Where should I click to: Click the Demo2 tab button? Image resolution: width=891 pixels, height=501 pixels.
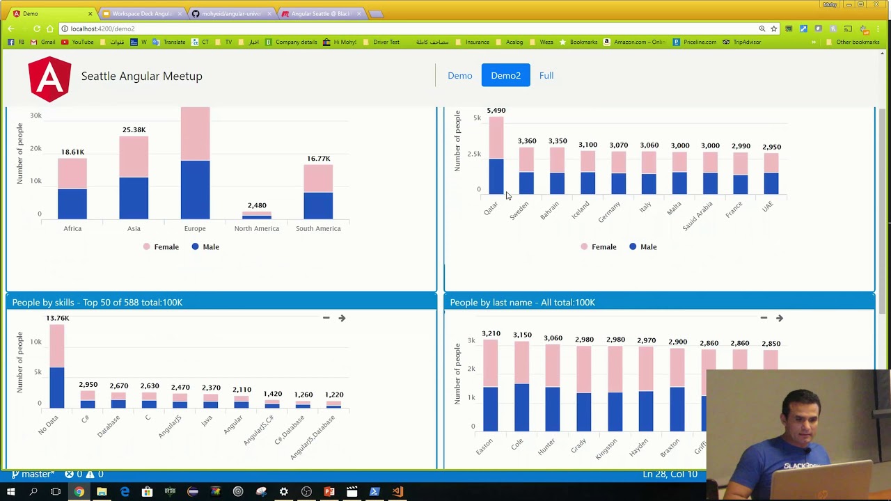(x=505, y=75)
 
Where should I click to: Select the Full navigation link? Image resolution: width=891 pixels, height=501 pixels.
(x=546, y=75)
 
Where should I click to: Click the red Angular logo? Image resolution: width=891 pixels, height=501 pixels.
(x=49, y=79)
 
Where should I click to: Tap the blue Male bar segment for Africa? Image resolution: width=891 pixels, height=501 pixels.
(x=72, y=204)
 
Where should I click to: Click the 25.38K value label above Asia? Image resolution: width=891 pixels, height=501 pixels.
(x=134, y=129)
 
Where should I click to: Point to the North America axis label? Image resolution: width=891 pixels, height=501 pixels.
(x=256, y=228)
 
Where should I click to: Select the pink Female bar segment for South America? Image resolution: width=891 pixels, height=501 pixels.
(x=318, y=178)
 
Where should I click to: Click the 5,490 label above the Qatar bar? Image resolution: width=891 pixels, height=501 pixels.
(x=496, y=110)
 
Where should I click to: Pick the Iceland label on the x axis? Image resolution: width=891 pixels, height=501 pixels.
(x=580, y=209)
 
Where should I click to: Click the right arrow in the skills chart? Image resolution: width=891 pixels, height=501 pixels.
(x=342, y=318)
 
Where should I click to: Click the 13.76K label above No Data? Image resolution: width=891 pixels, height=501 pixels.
(x=57, y=318)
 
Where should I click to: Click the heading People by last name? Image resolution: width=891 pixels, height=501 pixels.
(x=522, y=302)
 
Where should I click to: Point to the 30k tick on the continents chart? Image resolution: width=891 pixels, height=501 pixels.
(x=35, y=116)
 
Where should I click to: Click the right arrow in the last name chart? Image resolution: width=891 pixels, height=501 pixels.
(x=780, y=318)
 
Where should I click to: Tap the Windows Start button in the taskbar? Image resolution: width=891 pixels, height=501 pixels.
(x=10, y=492)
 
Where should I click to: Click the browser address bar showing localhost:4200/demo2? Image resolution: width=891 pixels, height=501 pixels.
(x=348, y=29)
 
